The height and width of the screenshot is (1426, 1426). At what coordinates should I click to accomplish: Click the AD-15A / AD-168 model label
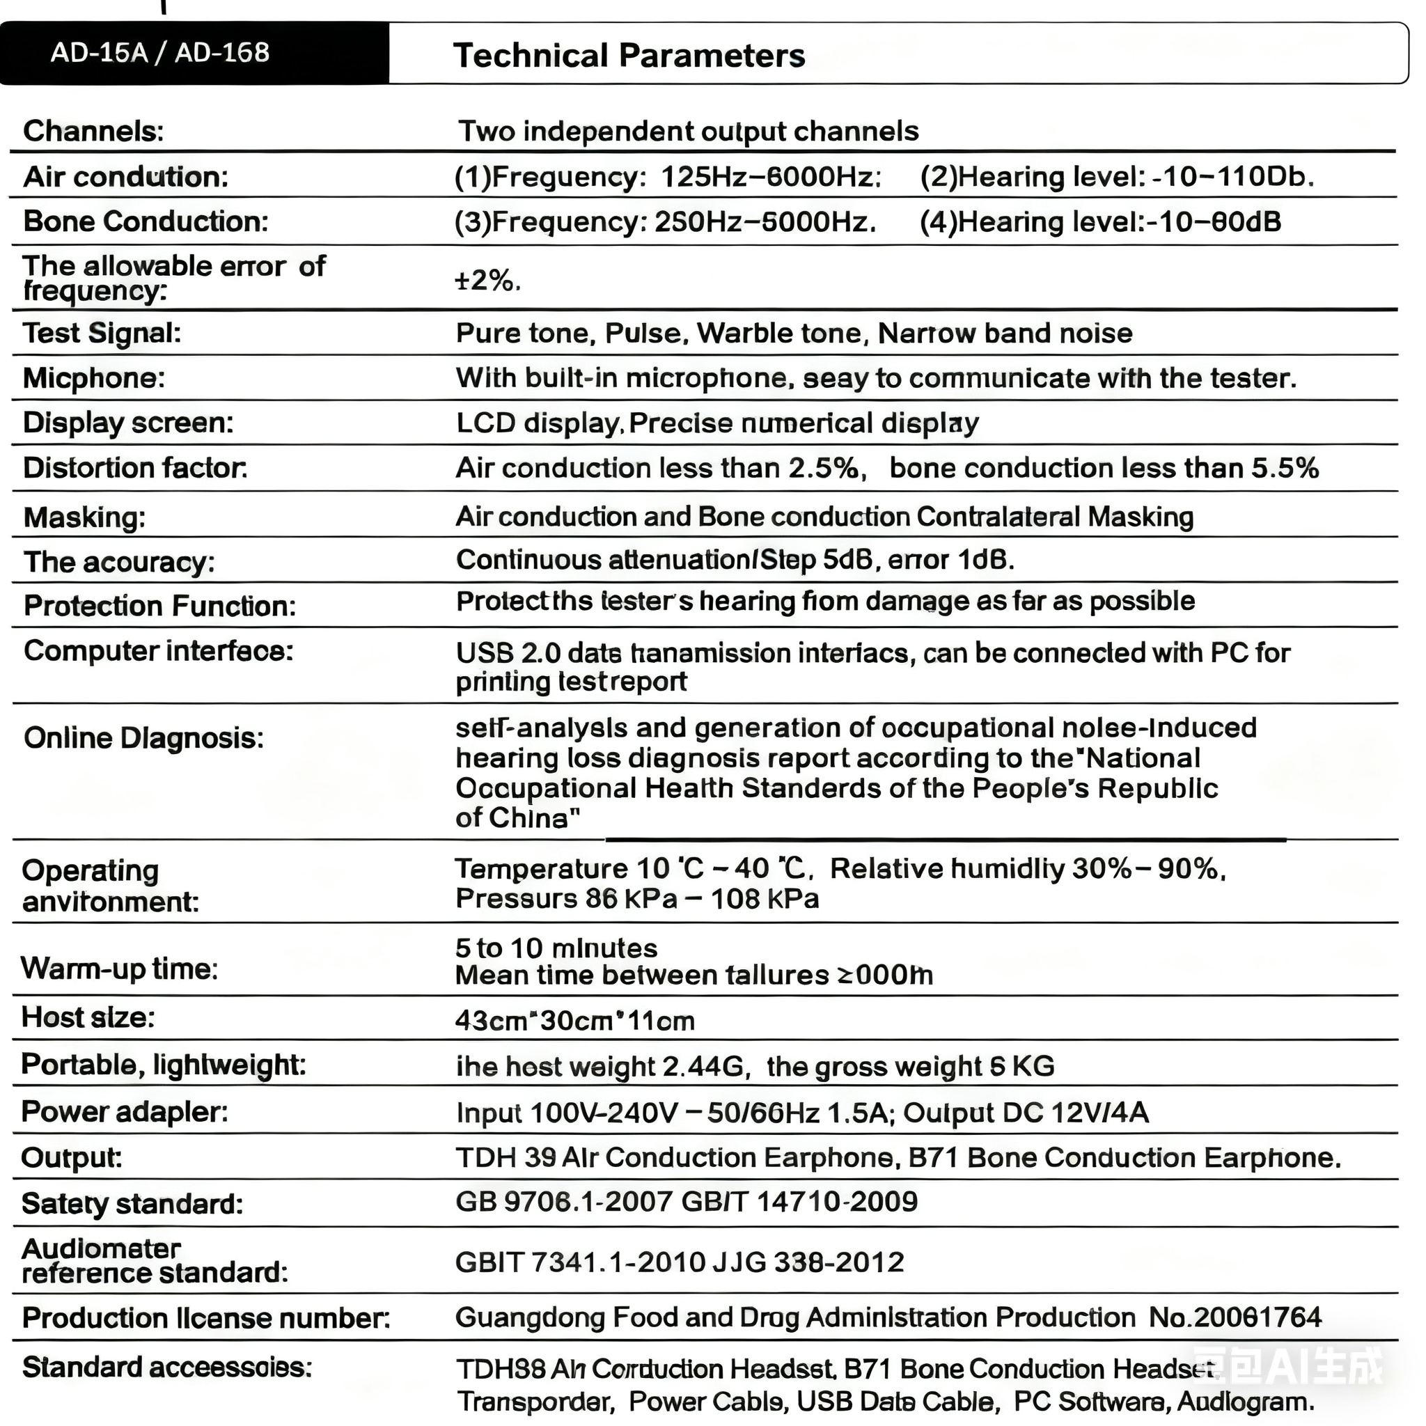tap(159, 53)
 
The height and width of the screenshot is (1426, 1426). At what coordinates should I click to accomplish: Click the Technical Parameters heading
tap(629, 56)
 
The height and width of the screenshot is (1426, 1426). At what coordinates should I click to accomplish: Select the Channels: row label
tap(93, 132)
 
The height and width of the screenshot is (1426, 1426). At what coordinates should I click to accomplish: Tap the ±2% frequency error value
tap(488, 281)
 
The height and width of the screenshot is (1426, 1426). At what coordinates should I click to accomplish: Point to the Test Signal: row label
tap(102, 333)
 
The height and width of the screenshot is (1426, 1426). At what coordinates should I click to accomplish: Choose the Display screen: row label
tap(127, 423)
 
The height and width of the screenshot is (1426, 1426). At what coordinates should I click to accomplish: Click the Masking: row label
tap(84, 517)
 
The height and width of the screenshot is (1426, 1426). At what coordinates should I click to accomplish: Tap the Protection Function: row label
tap(159, 606)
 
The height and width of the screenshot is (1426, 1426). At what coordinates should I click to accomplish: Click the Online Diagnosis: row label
tap(143, 738)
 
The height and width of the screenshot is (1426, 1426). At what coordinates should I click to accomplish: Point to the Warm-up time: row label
tap(120, 969)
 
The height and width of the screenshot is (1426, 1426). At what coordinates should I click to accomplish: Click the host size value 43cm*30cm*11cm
tap(575, 1021)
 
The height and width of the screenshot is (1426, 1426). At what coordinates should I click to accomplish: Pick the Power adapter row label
tap(124, 1111)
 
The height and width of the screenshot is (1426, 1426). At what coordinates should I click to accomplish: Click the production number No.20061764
tap(1235, 1317)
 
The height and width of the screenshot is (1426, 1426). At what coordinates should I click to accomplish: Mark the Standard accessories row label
tap(167, 1368)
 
